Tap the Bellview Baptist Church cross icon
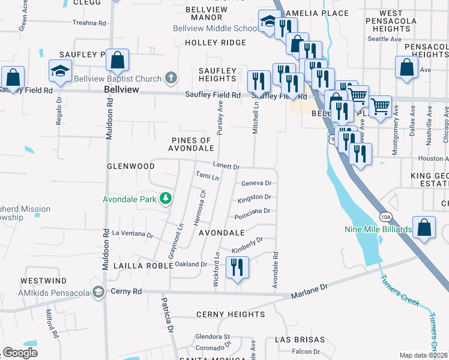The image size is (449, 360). coord(171,78)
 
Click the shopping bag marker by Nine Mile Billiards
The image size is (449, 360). coord(424,227)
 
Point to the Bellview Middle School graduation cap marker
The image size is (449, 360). coord(268,22)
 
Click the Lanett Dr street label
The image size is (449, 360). coord(226,166)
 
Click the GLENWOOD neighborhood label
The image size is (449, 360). coord(131,166)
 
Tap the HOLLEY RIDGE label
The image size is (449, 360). coord(215,43)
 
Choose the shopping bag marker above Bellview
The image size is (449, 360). coord(118,60)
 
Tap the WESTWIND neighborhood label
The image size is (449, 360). coord(44,280)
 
